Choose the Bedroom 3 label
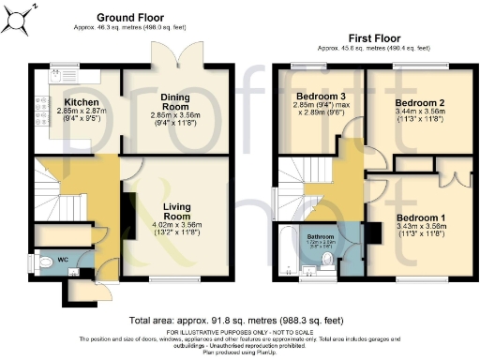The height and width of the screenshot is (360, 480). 318,96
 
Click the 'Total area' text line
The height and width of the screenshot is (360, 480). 240,321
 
